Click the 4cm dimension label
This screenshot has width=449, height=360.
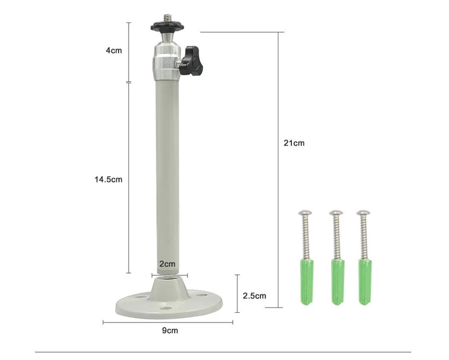tap(114, 51)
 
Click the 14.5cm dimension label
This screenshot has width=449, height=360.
tap(108, 180)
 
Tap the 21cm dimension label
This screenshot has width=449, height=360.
tap(294, 143)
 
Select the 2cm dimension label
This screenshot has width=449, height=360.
tap(167, 264)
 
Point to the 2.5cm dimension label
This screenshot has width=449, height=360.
tap(255, 295)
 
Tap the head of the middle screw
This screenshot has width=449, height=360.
tap(336, 213)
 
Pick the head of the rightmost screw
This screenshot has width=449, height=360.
tap(363, 213)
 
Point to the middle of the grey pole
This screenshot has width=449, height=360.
tap(168, 174)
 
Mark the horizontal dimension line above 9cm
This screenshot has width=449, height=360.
tap(168, 322)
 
